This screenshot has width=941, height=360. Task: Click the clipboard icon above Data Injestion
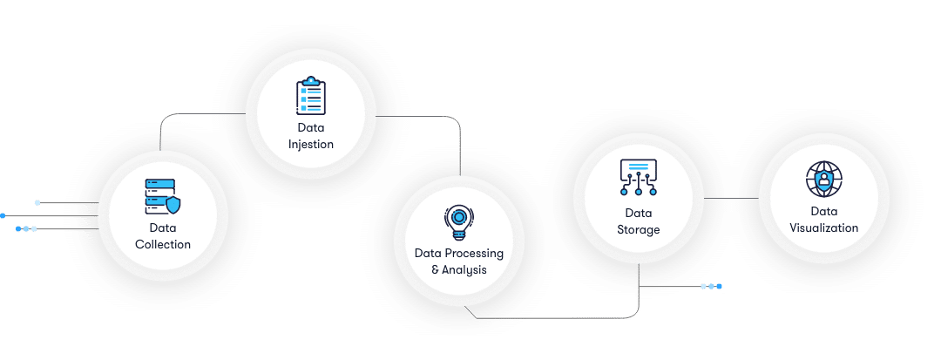click(x=310, y=96)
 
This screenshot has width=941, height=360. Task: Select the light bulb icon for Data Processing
click(x=458, y=222)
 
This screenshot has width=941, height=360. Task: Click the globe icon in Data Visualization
click(x=823, y=180)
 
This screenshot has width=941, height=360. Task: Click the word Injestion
click(x=311, y=145)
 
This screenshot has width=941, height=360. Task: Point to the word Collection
click(x=163, y=245)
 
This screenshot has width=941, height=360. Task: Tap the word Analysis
click(x=464, y=270)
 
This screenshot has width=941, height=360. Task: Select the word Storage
click(x=639, y=230)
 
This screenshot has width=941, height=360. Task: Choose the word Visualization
click(x=824, y=228)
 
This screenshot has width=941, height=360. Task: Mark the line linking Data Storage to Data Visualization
click(x=731, y=198)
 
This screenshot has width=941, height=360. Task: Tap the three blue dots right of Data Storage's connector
click(x=711, y=286)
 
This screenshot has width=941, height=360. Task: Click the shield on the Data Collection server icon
click(x=173, y=206)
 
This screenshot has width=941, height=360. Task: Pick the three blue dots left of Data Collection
click(x=26, y=228)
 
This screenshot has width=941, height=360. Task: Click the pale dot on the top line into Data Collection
click(x=37, y=202)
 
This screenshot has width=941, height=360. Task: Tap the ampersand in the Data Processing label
click(x=436, y=270)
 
